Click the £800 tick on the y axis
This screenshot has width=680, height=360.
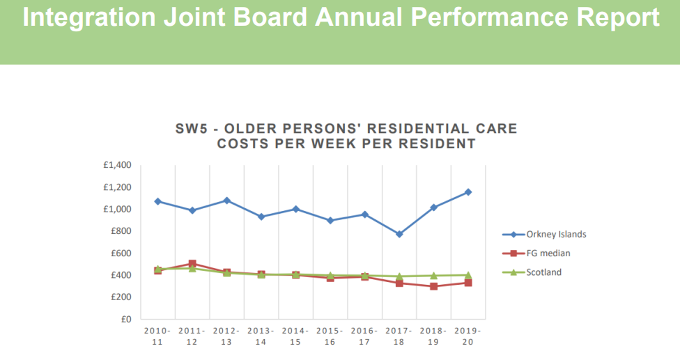(x=122, y=231)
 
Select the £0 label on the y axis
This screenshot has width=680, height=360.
(x=126, y=320)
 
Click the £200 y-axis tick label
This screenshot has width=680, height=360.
(x=122, y=297)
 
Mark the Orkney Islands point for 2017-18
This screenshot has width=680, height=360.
(x=399, y=234)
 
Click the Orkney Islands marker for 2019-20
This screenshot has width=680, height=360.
(x=468, y=192)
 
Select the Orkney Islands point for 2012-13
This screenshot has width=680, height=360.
(x=226, y=201)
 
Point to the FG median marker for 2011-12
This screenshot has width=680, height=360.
(x=192, y=264)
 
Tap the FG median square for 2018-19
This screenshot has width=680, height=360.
(x=433, y=286)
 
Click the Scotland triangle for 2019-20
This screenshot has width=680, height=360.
(x=468, y=275)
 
